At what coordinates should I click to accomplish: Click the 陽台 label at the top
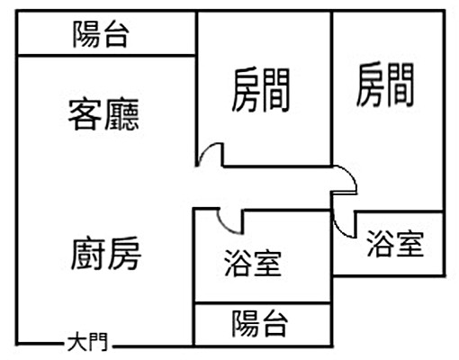101,36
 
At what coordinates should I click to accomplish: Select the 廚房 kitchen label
105,255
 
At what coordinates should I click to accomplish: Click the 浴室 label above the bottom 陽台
253,264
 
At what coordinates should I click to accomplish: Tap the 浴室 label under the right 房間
394,244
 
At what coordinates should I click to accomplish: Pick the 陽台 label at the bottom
260,323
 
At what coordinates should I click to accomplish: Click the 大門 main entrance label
87,343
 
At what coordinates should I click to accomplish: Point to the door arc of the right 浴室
343,221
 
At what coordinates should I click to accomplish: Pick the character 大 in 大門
77,343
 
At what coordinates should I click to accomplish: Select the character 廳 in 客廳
124,114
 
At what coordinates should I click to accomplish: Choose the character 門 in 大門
97,343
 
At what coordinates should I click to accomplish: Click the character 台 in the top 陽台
116,36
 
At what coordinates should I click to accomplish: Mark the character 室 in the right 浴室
409,244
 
